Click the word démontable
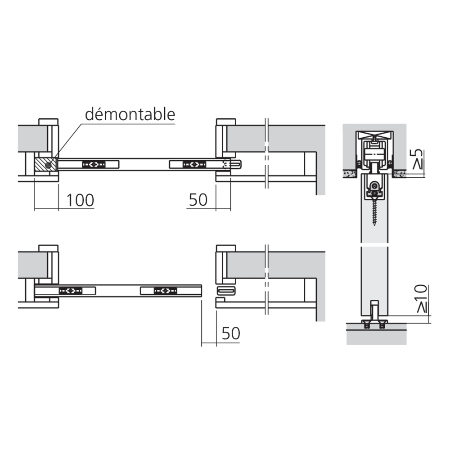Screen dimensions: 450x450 pos(130,114)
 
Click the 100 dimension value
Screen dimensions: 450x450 pos(80,200)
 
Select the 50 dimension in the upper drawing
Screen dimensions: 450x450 pos(198,200)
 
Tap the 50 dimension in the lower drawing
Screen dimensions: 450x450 pos(231,333)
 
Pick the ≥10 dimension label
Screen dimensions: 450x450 pos(422,298)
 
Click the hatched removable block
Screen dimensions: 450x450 pos(45,164)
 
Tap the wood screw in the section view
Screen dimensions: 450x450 pos(374,211)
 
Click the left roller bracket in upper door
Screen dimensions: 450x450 pos(94,164)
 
